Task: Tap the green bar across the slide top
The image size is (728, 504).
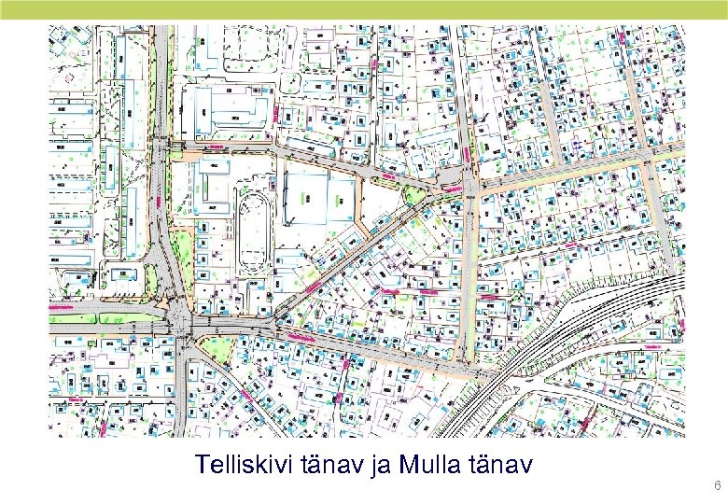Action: pos(364,9)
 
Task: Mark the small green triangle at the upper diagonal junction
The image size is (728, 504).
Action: pos(411,194)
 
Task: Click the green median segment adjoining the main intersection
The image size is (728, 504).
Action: pos(112,316)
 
